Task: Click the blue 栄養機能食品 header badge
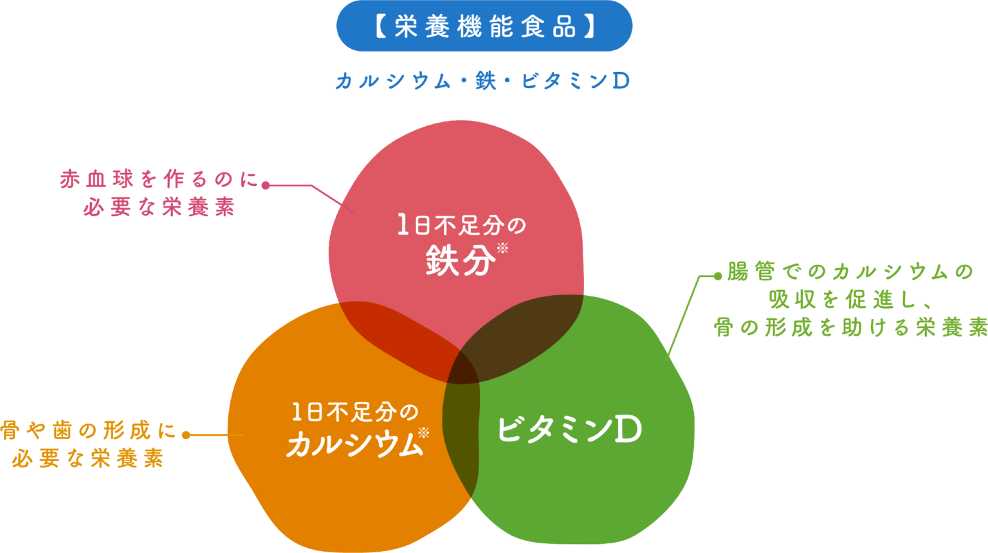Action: coord(484,26)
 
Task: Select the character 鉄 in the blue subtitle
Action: coord(486,82)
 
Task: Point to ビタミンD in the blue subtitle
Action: coord(575,82)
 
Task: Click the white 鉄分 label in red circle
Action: coord(460,261)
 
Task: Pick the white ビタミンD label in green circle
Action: coord(569,430)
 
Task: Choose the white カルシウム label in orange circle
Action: coord(353,444)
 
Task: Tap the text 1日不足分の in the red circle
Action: coord(461,226)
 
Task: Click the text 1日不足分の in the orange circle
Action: coord(354,412)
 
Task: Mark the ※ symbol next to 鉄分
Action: coord(503,248)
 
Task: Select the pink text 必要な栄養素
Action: coord(159,207)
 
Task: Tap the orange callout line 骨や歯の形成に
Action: coord(88,430)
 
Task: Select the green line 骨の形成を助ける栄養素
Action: coord(850,327)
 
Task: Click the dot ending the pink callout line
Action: coord(264,185)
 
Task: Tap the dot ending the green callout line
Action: coord(718,276)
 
